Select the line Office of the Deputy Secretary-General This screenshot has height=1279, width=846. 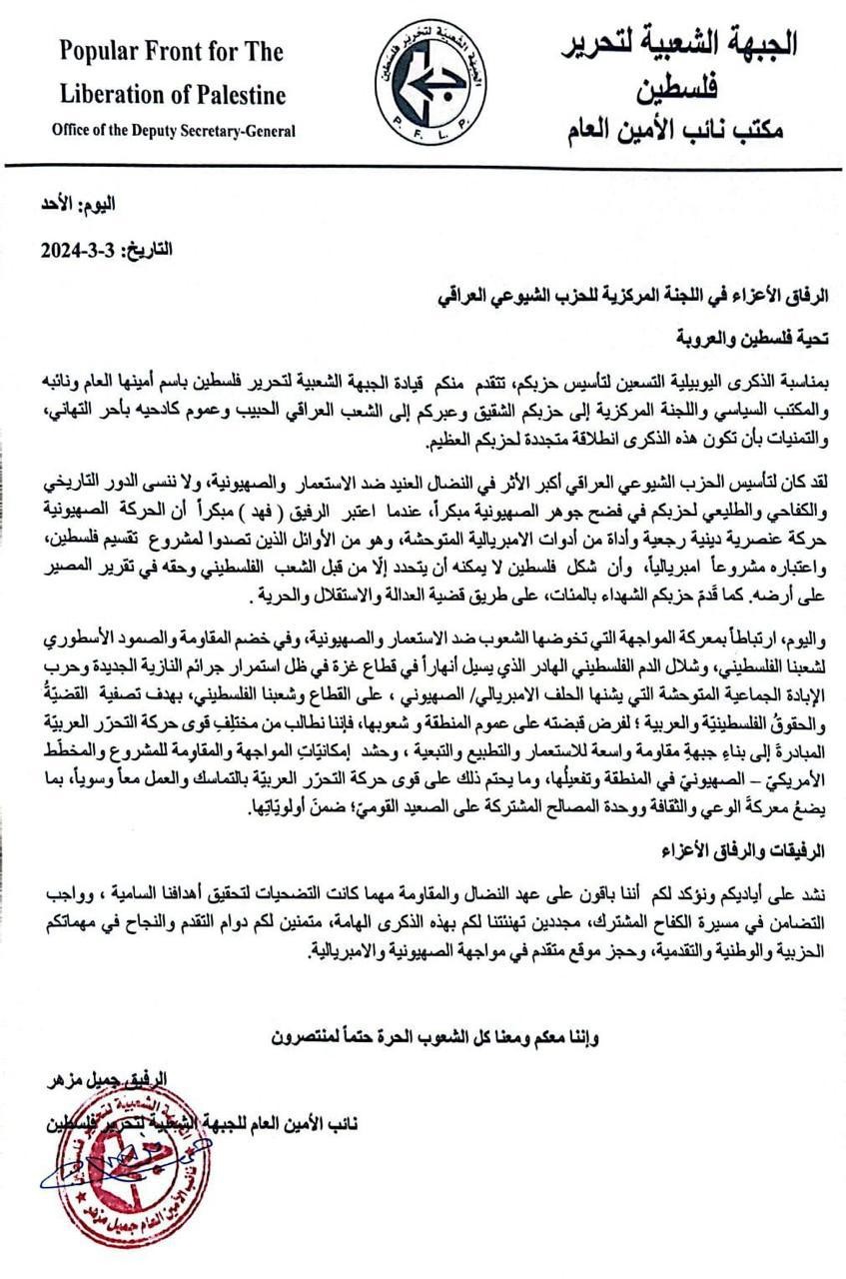(174, 131)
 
